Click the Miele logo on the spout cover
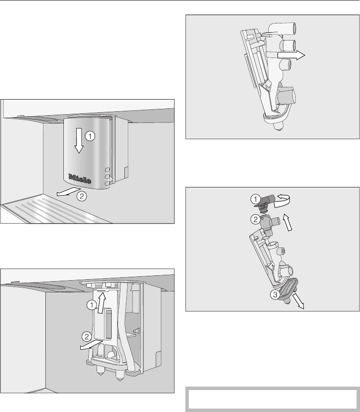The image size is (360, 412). pos(80,179)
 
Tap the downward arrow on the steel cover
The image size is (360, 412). pos(79,141)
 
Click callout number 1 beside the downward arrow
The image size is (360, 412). pos(90,136)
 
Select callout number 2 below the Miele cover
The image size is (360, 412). pos(81,196)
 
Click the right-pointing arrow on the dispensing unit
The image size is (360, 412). pos(291,55)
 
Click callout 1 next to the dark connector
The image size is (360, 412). pos(256,199)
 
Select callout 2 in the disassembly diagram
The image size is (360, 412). pos(256,219)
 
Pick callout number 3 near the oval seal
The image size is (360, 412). pos(275,294)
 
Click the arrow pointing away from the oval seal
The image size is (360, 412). pos(299,301)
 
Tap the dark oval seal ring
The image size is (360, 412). pos(288,289)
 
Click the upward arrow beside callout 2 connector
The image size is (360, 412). pos(287,222)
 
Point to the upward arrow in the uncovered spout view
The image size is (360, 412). pos(101,303)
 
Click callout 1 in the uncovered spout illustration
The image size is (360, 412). pos(92,305)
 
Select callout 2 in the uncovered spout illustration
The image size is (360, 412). pos(87,337)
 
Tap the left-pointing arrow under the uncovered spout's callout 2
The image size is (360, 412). pos(91,345)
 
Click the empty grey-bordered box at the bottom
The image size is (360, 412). pos(273,399)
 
